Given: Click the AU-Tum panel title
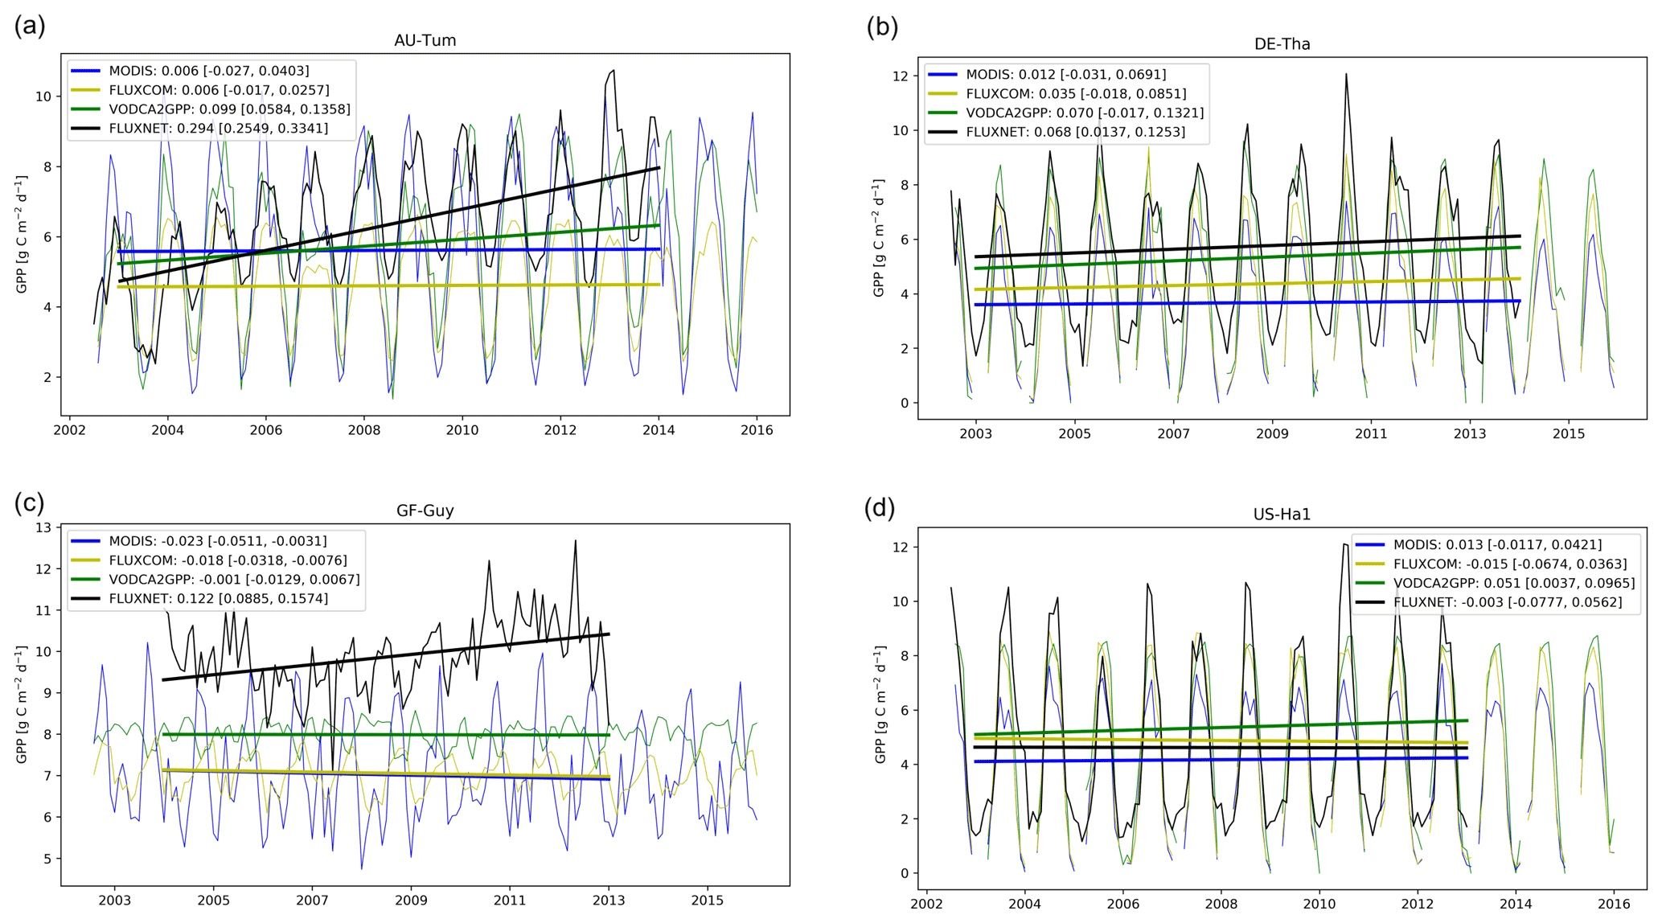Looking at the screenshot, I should tap(425, 40).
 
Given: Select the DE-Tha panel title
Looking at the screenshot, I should tap(1282, 44).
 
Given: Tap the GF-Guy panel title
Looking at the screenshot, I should tap(425, 511).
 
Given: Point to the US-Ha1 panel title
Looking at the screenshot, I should tap(1282, 515).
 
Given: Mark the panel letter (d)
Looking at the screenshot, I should tap(880, 508).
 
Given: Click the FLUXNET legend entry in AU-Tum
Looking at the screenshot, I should tap(217, 129).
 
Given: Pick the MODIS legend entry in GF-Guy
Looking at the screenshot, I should tap(217, 542).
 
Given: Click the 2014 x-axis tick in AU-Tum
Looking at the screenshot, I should tap(659, 430).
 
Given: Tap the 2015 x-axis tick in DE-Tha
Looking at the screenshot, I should tap(1568, 434).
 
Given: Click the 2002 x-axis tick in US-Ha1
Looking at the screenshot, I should tap(926, 904).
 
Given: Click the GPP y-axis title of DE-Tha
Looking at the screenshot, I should tap(879, 238).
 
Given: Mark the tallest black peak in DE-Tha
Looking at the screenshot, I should tap(1345, 75).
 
